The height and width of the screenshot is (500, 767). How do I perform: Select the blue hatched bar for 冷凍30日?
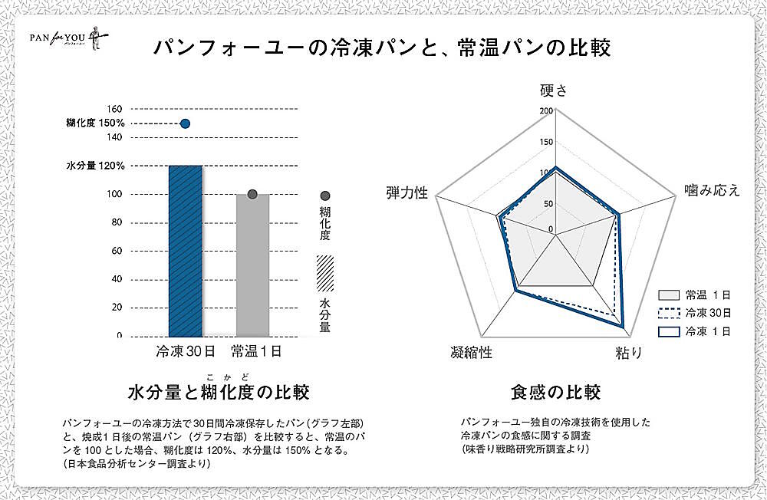tap(185, 251)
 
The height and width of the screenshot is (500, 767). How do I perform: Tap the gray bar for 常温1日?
tap(252, 265)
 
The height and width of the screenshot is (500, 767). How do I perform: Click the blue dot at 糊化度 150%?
tap(185, 123)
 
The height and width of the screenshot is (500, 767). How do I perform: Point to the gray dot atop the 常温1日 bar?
tap(252, 194)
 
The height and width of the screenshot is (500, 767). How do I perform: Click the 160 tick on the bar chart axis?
tap(114, 109)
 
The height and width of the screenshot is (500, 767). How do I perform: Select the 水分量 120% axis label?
tap(95, 166)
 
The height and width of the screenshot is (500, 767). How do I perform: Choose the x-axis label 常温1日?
tap(256, 352)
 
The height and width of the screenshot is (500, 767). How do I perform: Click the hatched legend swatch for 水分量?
tap(325, 271)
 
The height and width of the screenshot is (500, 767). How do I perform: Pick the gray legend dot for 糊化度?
tap(325, 196)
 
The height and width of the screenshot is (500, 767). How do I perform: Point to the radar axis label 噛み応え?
tap(712, 190)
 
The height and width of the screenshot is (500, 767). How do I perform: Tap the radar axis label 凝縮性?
tap(472, 353)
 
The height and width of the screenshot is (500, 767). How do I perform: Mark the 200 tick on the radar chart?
tap(545, 110)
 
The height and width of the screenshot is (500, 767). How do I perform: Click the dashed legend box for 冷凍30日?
tap(670, 313)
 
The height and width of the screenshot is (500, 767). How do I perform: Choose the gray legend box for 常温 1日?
tap(670, 294)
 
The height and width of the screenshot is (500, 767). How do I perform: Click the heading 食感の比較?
tap(555, 393)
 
